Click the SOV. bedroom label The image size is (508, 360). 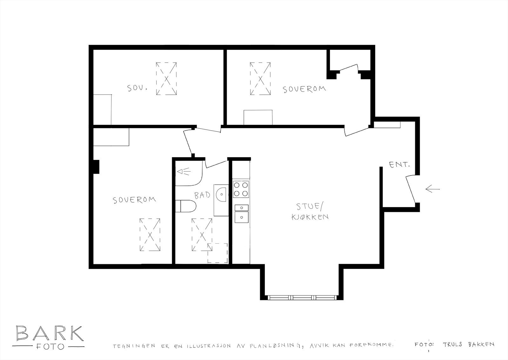[x=137, y=88]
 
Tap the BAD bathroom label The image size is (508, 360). [x=202, y=195]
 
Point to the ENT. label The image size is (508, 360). [x=399, y=165]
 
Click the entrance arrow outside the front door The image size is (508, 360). [x=432, y=189]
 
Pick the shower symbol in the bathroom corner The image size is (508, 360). [x=184, y=172]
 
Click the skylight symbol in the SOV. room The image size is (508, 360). [x=166, y=79]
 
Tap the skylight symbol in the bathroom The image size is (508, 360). [x=202, y=235]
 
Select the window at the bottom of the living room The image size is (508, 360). [x=301, y=298]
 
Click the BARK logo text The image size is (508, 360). [x=49, y=333]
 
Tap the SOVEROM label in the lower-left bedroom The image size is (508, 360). [x=134, y=200]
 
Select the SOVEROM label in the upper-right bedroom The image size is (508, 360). [x=304, y=89]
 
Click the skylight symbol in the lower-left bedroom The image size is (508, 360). [x=150, y=235]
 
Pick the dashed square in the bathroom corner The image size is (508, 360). [x=217, y=253]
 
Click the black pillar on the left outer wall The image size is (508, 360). [x=96, y=166]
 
